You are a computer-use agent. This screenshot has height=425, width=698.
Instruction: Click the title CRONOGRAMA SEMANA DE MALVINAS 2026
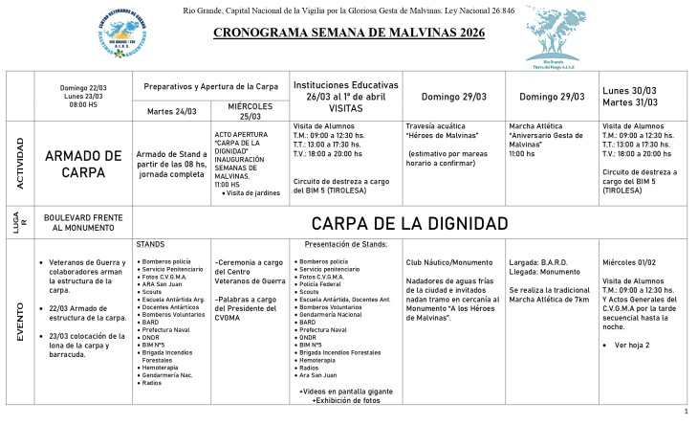tap(348, 32)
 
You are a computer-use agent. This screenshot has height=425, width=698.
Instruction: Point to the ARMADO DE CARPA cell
tap(83, 164)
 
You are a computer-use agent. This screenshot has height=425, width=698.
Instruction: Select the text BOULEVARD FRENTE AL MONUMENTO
tap(81, 223)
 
